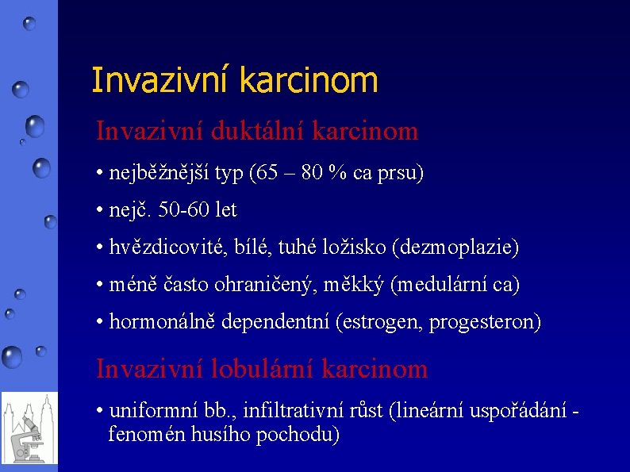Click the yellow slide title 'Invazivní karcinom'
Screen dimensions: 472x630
[234, 80]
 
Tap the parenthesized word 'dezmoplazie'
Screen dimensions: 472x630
[455, 248]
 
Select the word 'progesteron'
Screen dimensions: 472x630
[483, 321]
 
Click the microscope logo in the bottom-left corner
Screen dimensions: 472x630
[29, 428]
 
